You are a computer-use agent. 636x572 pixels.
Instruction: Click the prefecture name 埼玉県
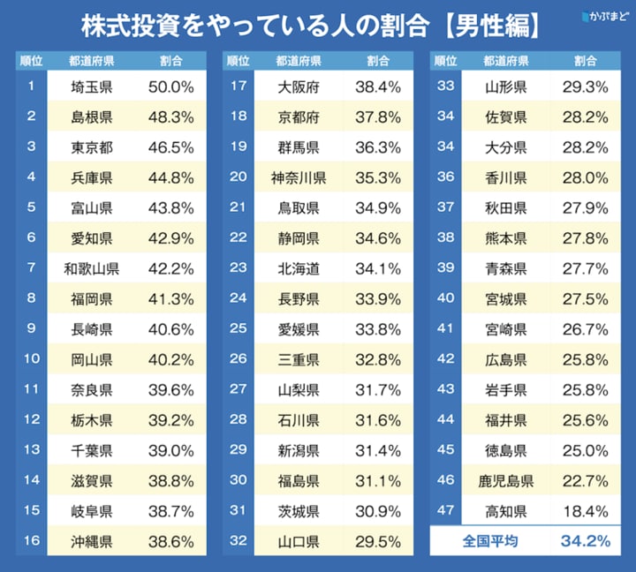(x=92, y=87)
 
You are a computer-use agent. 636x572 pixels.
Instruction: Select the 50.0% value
(x=170, y=87)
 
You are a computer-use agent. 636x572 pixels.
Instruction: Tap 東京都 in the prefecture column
(x=92, y=147)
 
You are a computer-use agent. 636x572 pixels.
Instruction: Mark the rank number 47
(x=445, y=510)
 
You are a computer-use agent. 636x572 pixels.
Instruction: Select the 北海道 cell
(x=299, y=268)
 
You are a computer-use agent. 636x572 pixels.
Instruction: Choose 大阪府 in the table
(x=299, y=87)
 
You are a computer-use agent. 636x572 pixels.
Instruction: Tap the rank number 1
(x=31, y=87)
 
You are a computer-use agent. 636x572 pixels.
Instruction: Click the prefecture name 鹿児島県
(x=506, y=480)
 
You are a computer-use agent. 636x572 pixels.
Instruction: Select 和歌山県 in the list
(x=92, y=268)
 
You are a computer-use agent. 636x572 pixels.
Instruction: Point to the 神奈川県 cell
(x=299, y=177)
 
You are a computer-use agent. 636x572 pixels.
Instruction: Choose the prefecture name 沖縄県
(x=92, y=541)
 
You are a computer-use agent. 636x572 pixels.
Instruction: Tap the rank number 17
(x=238, y=87)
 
